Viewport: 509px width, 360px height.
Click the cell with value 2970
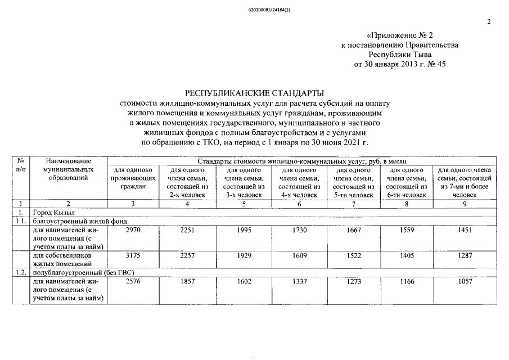tap(133, 231)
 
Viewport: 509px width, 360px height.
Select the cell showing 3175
tap(133, 256)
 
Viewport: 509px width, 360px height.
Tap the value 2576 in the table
tap(133, 281)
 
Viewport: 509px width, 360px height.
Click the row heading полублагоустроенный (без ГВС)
tap(76, 272)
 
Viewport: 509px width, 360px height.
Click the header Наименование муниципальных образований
tap(69, 169)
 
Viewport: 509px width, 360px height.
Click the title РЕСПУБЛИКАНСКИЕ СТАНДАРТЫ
tap(254, 93)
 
